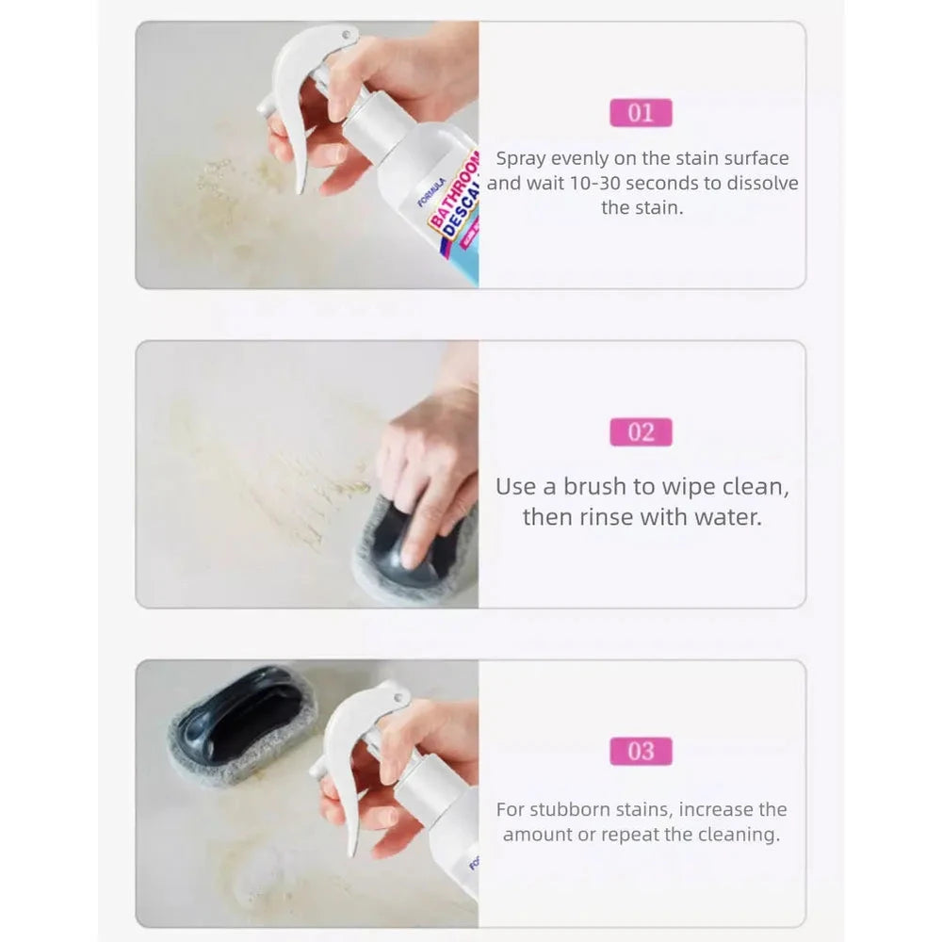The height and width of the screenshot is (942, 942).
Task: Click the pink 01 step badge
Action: point(641,113)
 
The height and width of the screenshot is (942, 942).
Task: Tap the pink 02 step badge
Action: point(641,432)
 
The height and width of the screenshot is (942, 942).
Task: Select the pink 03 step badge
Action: point(641,751)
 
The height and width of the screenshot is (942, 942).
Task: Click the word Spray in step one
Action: point(520,158)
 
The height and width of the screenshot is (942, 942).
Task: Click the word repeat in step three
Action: point(629,835)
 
